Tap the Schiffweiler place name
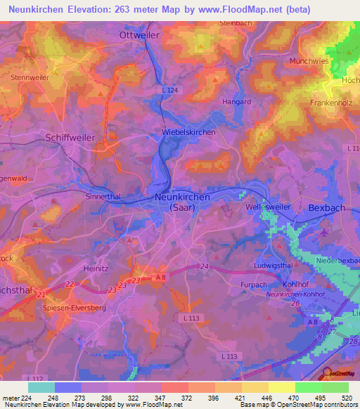click(70, 138)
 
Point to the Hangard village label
click(236, 102)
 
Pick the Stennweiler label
click(30, 77)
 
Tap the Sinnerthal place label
click(103, 197)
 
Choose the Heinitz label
click(98, 268)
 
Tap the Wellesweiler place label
click(265, 208)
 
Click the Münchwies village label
click(309, 61)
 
